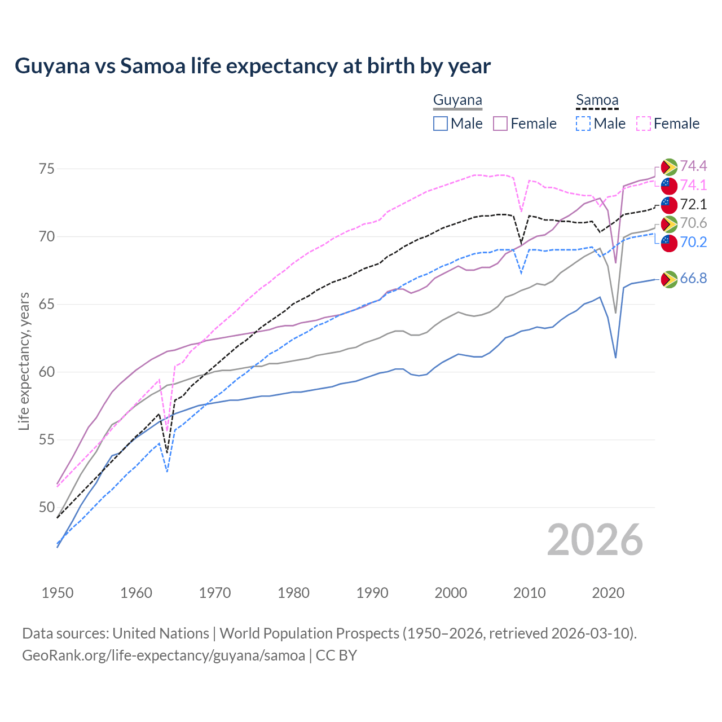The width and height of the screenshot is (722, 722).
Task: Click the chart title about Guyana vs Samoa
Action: point(253,66)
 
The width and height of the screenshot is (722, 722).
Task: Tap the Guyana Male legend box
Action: point(441,124)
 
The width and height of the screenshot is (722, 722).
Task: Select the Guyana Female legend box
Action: point(500,124)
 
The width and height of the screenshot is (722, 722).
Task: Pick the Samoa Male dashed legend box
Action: point(583,124)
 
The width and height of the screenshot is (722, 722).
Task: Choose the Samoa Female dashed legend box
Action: point(643,124)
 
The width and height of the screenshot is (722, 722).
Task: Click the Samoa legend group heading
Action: point(597,100)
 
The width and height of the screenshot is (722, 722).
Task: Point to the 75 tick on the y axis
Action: point(47,169)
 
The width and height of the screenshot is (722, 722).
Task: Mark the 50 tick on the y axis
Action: point(47,507)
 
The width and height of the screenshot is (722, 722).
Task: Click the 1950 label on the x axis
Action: point(58,593)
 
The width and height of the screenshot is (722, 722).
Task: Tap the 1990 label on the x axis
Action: point(372,593)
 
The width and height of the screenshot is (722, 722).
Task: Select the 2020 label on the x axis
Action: point(608,593)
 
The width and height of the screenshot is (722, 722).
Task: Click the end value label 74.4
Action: point(693,166)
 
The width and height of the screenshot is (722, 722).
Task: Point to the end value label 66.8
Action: point(693,279)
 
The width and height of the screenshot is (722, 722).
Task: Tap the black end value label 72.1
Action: point(693,204)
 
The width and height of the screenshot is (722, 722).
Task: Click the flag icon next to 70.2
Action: point(669,243)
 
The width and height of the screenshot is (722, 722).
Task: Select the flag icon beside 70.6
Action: point(669,224)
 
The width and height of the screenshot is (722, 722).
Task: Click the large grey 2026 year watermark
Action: point(595,540)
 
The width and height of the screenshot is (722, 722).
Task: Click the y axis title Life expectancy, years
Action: point(24,361)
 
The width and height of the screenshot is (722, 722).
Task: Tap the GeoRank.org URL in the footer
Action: point(164,655)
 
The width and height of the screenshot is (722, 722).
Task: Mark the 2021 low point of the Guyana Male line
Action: point(615,358)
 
